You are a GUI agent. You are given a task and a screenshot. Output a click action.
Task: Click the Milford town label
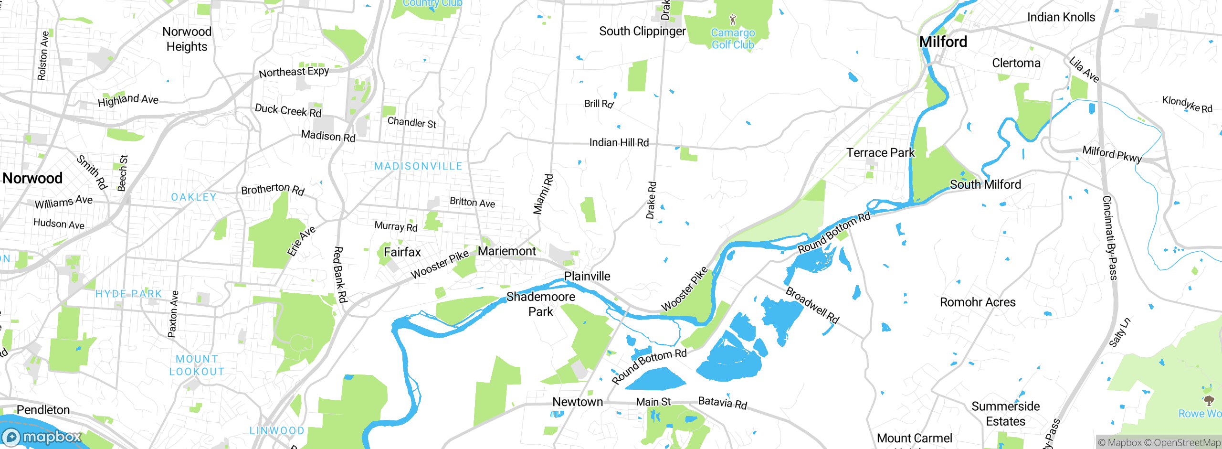coord(943,42)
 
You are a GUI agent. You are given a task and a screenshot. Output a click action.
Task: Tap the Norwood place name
coord(32,178)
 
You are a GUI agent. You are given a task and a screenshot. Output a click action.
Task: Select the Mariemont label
coord(507,251)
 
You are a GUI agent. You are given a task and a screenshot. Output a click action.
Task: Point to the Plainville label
coord(587,276)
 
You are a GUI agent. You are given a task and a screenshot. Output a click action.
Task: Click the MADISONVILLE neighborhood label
coord(418,166)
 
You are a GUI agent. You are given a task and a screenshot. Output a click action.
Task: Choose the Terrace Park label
coord(880,153)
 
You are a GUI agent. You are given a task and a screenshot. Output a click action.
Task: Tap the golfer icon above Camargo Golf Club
coord(733,20)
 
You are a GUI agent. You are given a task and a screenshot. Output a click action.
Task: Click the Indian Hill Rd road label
coord(619,142)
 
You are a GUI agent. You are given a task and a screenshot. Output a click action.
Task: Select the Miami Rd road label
coord(543,194)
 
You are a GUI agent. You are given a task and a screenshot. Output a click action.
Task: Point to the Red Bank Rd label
coord(340,275)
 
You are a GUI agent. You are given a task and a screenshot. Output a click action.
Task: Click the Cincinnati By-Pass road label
coord(1110,237)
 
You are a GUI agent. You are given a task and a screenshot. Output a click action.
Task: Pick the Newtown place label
coord(578,402)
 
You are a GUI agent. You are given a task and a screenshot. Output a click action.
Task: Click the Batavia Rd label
coord(722,403)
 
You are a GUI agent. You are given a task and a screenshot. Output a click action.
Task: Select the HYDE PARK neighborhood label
coord(129,294)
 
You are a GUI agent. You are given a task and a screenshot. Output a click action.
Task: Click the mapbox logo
coord(42,437)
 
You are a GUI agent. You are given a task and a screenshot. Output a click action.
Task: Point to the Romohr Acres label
coord(978,302)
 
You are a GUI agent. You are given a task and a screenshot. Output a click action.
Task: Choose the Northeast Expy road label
coord(294,72)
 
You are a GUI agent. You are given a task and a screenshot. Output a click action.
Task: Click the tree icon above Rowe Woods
coord(1209,400)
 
